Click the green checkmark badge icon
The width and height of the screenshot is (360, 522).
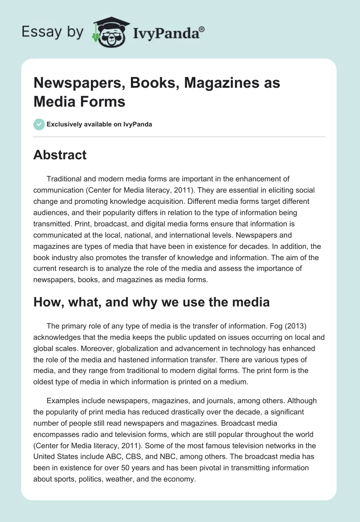[x=39, y=124]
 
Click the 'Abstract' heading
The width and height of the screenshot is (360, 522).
[x=60, y=155]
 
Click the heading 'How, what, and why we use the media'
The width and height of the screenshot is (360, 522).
[x=151, y=302]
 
